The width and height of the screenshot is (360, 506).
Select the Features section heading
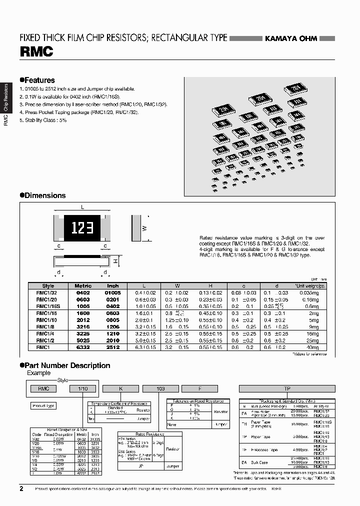coord(38,80)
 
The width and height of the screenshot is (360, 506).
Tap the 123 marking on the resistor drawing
coord(80,228)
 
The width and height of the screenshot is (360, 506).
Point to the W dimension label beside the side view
coord(145,228)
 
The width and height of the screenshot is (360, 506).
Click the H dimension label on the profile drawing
coord(115,261)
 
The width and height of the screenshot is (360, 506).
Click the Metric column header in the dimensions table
coord(83,285)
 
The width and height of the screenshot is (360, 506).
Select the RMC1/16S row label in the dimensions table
coord(49,305)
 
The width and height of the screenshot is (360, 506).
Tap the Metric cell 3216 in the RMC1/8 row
coord(83,326)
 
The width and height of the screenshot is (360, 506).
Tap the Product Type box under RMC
coord(43,405)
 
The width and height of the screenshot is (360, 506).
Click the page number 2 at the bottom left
coord(21,488)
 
